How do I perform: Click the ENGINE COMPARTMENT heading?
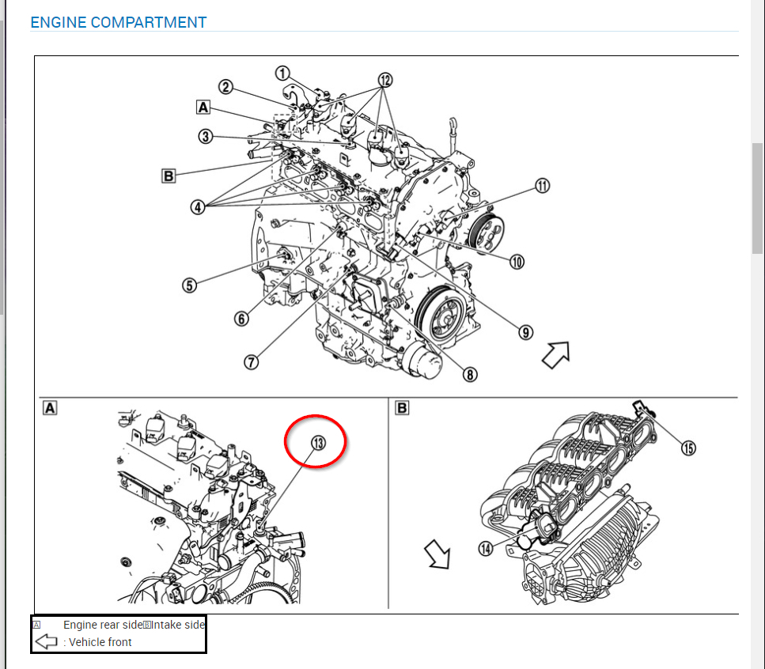(x=118, y=22)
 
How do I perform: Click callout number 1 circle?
(x=283, y=74)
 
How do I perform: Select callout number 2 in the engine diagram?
(x=225, y=88)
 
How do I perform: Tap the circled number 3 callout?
(x=206, y=137)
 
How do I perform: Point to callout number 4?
(x=197, y=207)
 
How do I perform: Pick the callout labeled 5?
(x=189, y=285)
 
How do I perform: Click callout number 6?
(x=241, y=318)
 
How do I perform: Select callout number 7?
(x=251, y=361)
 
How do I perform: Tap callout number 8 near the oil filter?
(x=471, y=375)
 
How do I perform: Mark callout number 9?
(x=526, y=332)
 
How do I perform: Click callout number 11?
(x=542, y=187)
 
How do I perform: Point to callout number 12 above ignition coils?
(x=384, y=80)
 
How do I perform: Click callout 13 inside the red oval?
(x=317, y=444)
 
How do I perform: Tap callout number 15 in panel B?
(x=688, y=448)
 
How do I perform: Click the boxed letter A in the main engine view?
(x=204, y=107)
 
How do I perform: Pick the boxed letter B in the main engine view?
(x=169, y=176)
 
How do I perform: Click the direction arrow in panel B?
(x=437, y=554)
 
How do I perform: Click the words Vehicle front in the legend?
(x=100, y=642)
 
